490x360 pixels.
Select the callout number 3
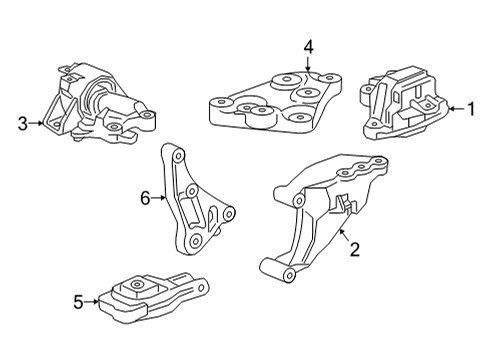tap(22, 124)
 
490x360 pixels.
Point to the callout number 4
tap(309, 46)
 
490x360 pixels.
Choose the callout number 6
tap(144, 198)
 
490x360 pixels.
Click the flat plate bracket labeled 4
tap(275, 100)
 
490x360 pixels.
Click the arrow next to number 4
tap(309, 62)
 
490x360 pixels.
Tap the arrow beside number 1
tap(452, 109)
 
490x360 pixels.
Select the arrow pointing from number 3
tap(37, 124)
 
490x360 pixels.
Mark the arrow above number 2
tap(343, 237)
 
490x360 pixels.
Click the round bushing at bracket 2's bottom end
tap(269, 267)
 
